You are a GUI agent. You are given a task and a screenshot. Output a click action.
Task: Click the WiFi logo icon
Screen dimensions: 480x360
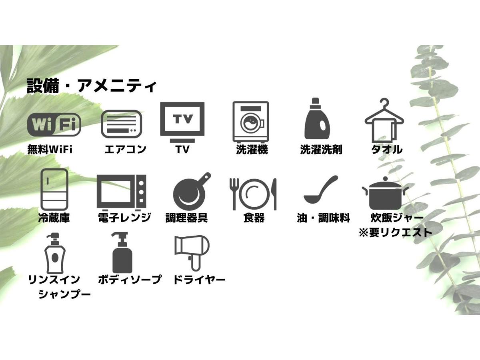[54, 124]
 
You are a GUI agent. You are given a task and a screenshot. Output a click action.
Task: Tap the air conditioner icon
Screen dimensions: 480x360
[121, 124]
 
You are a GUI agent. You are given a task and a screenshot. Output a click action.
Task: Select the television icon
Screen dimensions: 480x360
[182, 122]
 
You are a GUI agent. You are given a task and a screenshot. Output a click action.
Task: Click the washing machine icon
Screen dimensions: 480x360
[251, 122]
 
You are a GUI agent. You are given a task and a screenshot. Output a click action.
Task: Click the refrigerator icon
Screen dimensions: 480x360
[54, 189]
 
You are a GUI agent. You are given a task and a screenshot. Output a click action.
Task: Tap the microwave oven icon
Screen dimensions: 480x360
[122, 192]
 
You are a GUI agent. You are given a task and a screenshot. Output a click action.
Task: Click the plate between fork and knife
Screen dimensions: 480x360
[254, 194]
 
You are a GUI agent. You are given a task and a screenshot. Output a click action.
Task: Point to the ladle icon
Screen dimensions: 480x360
[320, 189]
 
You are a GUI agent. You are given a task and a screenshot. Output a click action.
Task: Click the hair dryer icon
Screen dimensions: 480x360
[192, 253]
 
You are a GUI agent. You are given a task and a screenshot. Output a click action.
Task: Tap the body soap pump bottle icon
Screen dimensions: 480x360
[122, 253]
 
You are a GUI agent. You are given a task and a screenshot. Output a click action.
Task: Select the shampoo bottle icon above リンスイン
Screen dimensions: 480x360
[55, 253]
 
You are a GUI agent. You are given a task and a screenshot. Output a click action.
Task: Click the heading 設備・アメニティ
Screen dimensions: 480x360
[92, 86]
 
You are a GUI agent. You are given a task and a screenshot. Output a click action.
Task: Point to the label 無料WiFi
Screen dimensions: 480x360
[50, 150]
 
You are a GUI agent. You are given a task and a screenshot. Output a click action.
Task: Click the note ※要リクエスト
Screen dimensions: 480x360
[395, 232]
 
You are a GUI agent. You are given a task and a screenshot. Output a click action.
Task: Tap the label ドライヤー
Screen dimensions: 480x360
[199, 280]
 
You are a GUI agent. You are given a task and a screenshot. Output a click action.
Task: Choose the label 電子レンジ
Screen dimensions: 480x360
[124, 218]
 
